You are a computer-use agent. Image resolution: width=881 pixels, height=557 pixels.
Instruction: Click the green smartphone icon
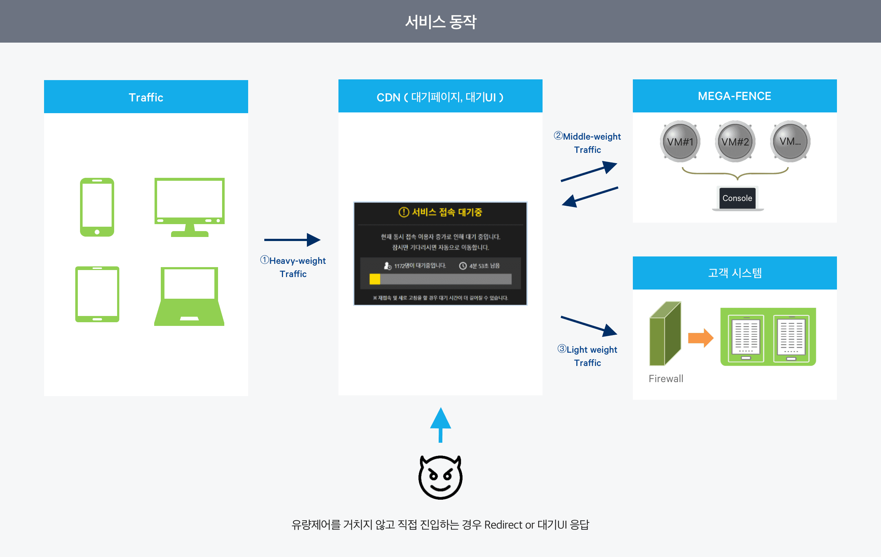pyautogui.click(x=97, y=207)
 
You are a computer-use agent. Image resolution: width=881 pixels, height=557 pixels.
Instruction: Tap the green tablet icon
pyautogui.click(x=97, y=294)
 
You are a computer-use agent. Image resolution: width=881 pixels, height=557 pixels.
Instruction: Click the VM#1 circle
pyautogui.click(x=680, y=141)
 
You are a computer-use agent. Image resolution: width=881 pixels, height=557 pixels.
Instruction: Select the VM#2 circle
pyautogui.click(x=735, y=141)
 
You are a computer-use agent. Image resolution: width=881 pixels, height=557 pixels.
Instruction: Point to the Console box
pyautogui.click(x=737, y=198)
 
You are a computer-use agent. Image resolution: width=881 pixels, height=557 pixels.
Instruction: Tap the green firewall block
pyautogui.click(x=665, y=334)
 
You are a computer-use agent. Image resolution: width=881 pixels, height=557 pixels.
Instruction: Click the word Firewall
pyautogui.click(x=666, y=378)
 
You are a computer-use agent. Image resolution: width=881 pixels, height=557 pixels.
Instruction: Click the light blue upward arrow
pyautogui.click(x=440, y=424)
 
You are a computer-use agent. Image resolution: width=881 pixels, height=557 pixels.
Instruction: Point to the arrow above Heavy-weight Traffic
pyautogui.click(x=292, y=240)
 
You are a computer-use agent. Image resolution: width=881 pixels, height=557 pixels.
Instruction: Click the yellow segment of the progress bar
pyautogui.click(x=375, y=279)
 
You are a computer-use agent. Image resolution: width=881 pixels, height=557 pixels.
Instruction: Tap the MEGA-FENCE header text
pyautogui.click(x=735, y=96)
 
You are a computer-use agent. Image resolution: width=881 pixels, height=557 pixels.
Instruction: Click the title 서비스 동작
pyautogui.click(x=440, y=22)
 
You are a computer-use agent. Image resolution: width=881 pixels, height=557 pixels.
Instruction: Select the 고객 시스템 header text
pyautogui.click(x=735, y=273)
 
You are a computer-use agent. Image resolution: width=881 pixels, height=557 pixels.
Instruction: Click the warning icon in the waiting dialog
pyautogui.click(x=403, y=212)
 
